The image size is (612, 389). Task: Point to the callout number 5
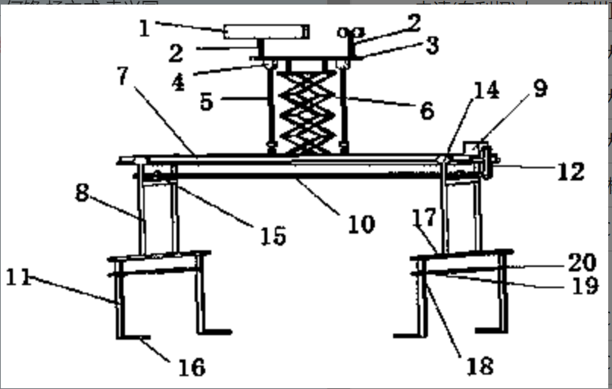point(207,102)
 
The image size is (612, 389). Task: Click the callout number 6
point(426,111)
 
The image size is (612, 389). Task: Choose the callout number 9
point(539,89)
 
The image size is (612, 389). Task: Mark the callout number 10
point(361,224)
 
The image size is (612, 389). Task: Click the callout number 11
point(20,277)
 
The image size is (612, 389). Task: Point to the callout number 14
point(486,91)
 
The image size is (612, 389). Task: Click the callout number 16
point(192,368)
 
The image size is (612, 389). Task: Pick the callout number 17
point(426,218)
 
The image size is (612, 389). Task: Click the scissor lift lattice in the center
point(307,111)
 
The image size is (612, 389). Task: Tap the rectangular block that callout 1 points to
point(267,31)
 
